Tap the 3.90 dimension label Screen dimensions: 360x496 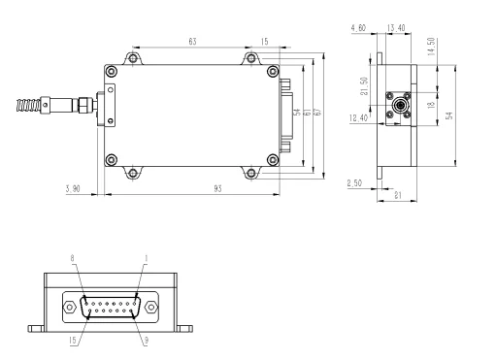72,187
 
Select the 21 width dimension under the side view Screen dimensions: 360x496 399,196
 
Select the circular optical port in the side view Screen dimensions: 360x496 399,105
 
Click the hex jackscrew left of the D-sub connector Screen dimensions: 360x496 70,310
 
